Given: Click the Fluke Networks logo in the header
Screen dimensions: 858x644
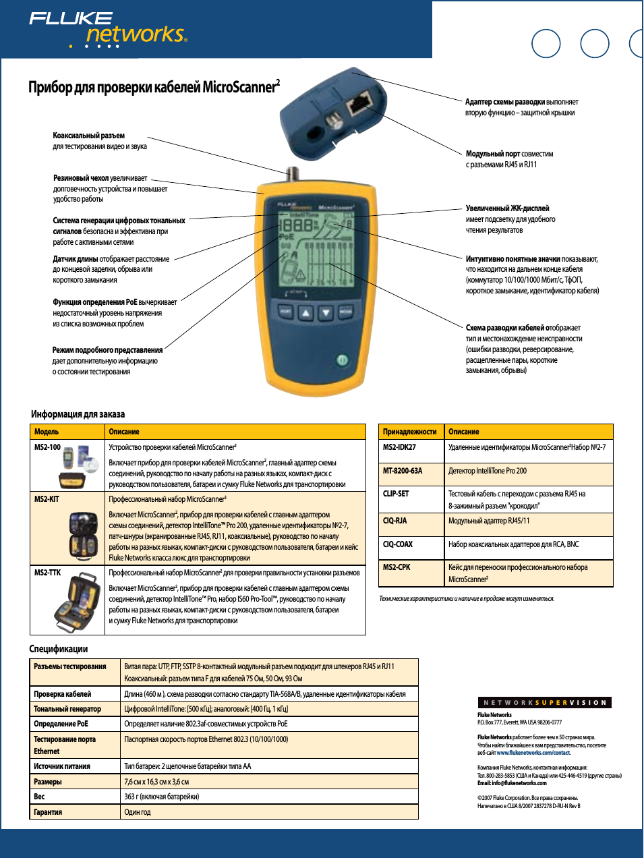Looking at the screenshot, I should pos(108,29).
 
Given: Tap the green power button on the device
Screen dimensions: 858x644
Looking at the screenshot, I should pos(342,360).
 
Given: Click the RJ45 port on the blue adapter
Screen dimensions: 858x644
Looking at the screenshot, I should pos(359,103).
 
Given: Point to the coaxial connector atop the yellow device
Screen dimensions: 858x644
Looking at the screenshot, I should pos(292,174).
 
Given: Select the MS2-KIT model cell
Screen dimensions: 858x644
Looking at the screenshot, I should pos(47,499).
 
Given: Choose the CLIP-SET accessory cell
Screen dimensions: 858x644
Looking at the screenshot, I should pos(396,494).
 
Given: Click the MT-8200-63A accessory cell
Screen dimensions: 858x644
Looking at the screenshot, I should pos(403,471).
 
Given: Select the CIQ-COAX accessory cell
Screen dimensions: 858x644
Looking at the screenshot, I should pos(398,544).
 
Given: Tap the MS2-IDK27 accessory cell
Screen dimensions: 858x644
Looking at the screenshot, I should pos(399,447).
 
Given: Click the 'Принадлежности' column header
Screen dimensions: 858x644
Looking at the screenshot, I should pos(409,432).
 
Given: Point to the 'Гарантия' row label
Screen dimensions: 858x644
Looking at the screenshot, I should pos(48,812).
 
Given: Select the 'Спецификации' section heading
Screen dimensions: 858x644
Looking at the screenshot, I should pos(59,649).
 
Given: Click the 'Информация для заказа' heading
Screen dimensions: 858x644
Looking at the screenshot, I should pos(78,414).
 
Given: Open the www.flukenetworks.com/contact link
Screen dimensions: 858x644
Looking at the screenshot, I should pos(533,753).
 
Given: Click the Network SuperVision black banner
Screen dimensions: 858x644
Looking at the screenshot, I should pos(545,703).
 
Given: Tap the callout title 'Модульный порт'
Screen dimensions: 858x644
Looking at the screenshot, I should pos(492,154).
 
